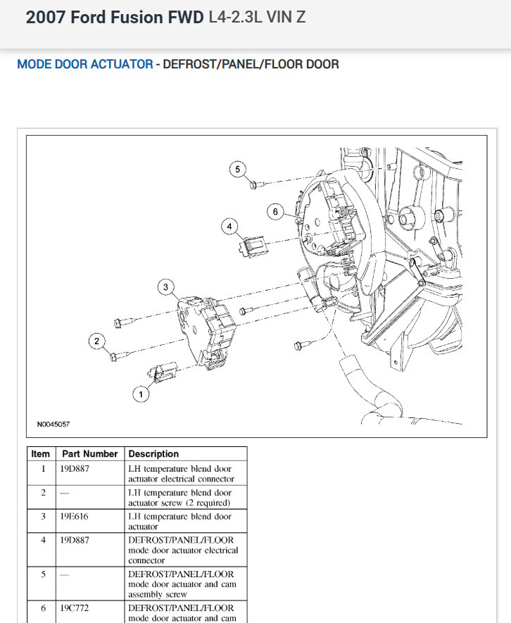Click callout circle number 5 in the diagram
(238, 169)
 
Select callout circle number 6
(276, 211)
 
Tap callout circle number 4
(229, 226)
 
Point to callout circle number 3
(165, 287)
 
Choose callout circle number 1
(141, 394)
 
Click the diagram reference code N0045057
(53, 424)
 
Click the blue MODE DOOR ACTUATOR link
(84, 64)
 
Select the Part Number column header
(89, 454)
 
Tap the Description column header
(153, 454)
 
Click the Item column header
(41, 454)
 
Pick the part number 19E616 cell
(75, 517)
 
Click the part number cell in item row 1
(75, 469)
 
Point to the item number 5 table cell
(43, 574)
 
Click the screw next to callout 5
(257, 184)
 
